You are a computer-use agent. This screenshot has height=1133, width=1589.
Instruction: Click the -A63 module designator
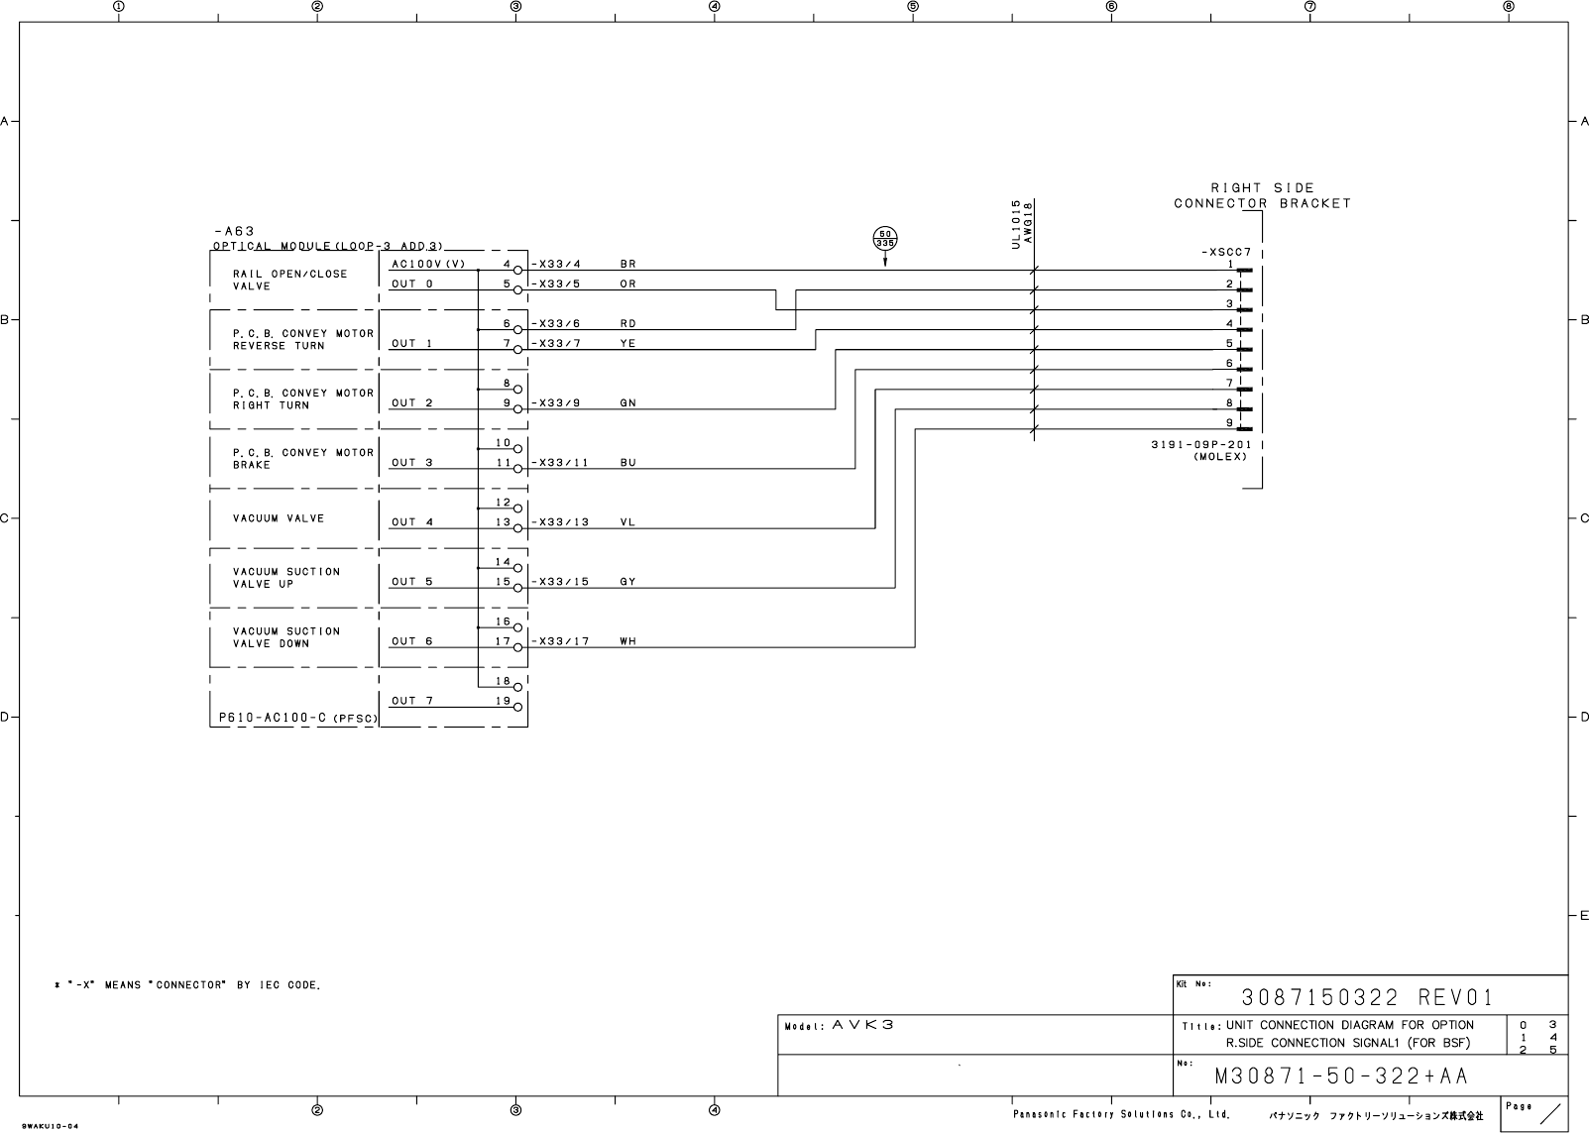tap(234, 232)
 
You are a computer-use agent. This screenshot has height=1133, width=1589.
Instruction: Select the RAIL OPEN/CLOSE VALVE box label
tap(289, 280)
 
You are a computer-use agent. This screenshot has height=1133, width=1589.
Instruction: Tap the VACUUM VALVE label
tap(279, 518)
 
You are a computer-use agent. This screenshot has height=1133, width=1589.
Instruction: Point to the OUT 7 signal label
tap(411, 701)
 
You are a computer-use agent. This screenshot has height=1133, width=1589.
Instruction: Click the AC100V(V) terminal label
tap(428, 264)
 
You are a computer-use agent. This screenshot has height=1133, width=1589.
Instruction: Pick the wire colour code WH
tap(627, 641)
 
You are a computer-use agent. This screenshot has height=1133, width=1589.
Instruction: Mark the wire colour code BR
tap(627, 264)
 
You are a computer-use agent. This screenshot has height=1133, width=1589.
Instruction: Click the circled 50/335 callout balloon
tap(884, 238)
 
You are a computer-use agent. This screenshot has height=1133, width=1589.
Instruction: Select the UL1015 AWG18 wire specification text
tap(1022, 223)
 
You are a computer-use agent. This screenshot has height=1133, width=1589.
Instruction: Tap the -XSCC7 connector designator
tap(1227, 252)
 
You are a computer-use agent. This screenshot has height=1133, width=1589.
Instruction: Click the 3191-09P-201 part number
tap(1200, 445)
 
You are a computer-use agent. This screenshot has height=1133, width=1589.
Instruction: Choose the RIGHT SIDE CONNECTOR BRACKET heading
tap(1262, 195)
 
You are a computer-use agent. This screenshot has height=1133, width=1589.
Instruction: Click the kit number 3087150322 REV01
tap(1367, 996)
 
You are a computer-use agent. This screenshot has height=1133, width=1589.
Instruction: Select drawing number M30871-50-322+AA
tap(1341, 1076)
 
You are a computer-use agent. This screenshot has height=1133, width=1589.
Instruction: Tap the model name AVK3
tap(862, 1025)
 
